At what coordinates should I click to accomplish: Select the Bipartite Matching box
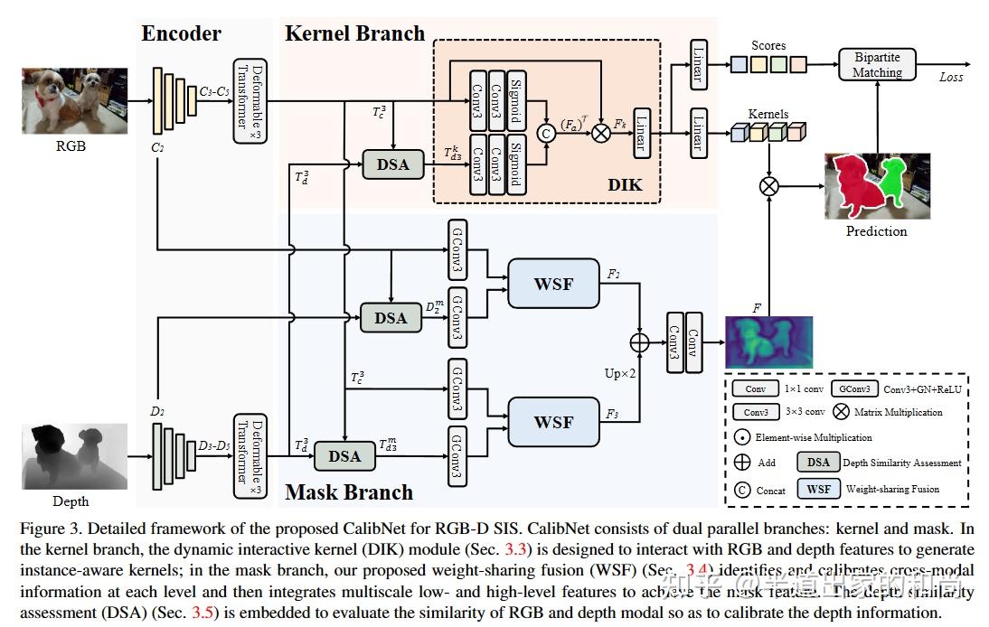coord(877,65)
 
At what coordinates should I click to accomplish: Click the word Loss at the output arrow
coord(950,78)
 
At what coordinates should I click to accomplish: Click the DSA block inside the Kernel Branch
coord(392,164)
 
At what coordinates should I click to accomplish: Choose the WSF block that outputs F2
coord(553,284)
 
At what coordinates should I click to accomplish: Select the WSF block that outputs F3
coord(553,422)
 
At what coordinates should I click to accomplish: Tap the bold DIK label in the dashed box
coord(625,184)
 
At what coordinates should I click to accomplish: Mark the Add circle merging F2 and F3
coord(640,342)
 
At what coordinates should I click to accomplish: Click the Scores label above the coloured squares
coord(768,45)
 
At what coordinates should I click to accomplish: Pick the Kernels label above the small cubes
coord(768,115)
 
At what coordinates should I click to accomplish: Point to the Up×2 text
coord(621,372)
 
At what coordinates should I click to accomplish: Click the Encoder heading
coord(181,34)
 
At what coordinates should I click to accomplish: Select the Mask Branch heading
coord(349,492)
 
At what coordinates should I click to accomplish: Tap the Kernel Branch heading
coord(354,34)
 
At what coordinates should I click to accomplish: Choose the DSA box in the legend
coord(818,463)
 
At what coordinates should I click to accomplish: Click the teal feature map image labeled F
coord(768,342)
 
